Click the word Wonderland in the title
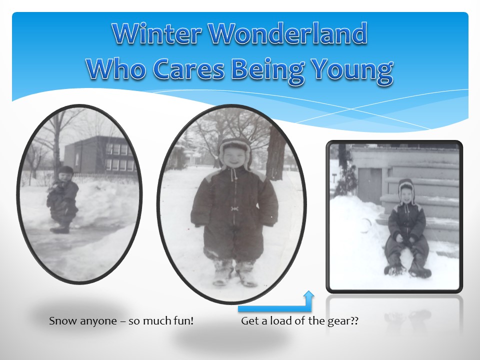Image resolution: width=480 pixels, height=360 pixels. pos(288,33)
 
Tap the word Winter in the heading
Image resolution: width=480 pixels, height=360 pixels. pos(156,33)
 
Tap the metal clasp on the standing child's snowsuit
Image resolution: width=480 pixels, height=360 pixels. pos(234,208)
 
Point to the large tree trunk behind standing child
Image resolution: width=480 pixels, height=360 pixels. pos(276,153)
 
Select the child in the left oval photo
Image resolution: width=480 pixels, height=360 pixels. pos(62,199)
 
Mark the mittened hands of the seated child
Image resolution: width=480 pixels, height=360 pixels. pos(406,237)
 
